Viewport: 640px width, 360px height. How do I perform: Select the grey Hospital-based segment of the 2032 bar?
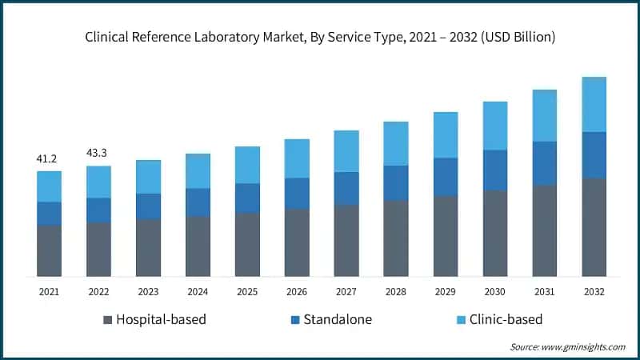594,227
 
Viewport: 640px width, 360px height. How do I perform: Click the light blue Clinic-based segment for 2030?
494,126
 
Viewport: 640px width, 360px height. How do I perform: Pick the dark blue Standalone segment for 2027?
346,188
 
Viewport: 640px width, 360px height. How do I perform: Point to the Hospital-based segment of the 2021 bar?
49,251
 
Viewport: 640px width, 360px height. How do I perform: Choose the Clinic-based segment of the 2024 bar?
198,171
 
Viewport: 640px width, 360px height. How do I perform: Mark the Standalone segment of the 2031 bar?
544,163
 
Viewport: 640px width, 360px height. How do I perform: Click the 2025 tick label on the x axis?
247,292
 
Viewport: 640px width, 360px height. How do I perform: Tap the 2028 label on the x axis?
395,292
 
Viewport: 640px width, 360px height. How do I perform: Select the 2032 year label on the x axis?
594,292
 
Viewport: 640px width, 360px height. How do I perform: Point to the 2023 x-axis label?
148,292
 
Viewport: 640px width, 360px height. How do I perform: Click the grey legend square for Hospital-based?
107,320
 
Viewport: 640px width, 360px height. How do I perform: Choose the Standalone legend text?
338,320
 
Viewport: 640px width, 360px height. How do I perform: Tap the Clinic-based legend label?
506,320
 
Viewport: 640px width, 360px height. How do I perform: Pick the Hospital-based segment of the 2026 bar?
297,242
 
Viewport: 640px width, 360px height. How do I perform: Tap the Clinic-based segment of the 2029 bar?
445,135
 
